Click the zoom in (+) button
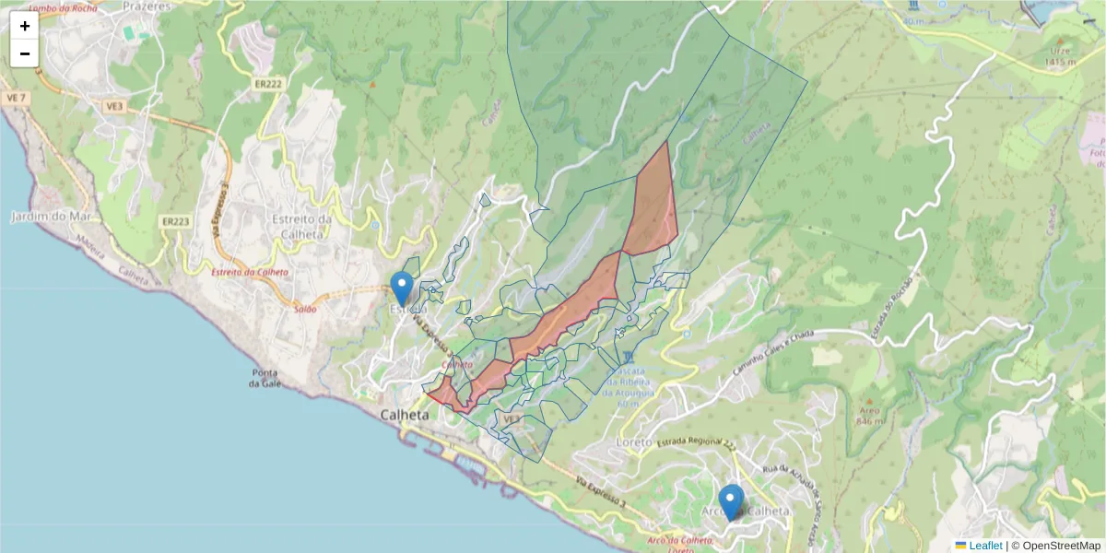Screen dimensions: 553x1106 (x=25, y=26)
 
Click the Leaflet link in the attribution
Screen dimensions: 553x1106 (x=985, y=546)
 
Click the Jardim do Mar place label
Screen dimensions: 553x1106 (x=41, y=217)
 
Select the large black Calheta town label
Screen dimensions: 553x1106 (x=405, y=416)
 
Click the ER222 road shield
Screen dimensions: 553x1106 (x=268, y=83)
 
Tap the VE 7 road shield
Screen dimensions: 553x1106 (x=16, y=98)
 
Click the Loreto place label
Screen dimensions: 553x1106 (x=632, y=441)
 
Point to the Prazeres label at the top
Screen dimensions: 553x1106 (x=147, y=6)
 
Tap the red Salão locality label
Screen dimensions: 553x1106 (x=305, y=309)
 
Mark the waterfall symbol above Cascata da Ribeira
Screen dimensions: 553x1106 (x=628, y=357)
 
